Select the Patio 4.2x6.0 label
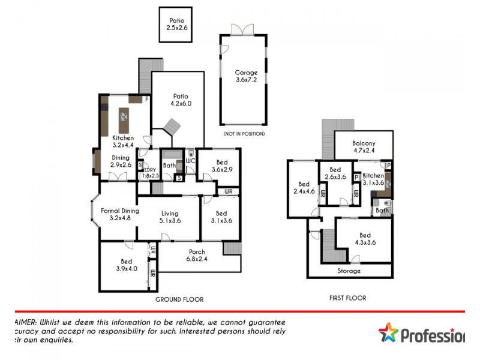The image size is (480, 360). point(181,100)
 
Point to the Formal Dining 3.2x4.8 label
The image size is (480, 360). point(120,214)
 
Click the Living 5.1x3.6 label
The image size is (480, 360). point(170,217)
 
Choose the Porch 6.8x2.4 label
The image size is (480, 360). point(197,255)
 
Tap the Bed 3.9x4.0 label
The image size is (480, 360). point(126,265)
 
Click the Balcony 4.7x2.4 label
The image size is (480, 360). point(364,147)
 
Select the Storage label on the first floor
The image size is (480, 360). point(349,271)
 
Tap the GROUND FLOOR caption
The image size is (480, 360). point(179,299)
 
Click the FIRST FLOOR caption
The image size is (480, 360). point(348,298)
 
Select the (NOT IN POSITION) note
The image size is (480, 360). point(244,133)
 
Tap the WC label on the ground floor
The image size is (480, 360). point(191,161)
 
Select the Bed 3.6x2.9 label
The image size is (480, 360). point(221,166)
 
